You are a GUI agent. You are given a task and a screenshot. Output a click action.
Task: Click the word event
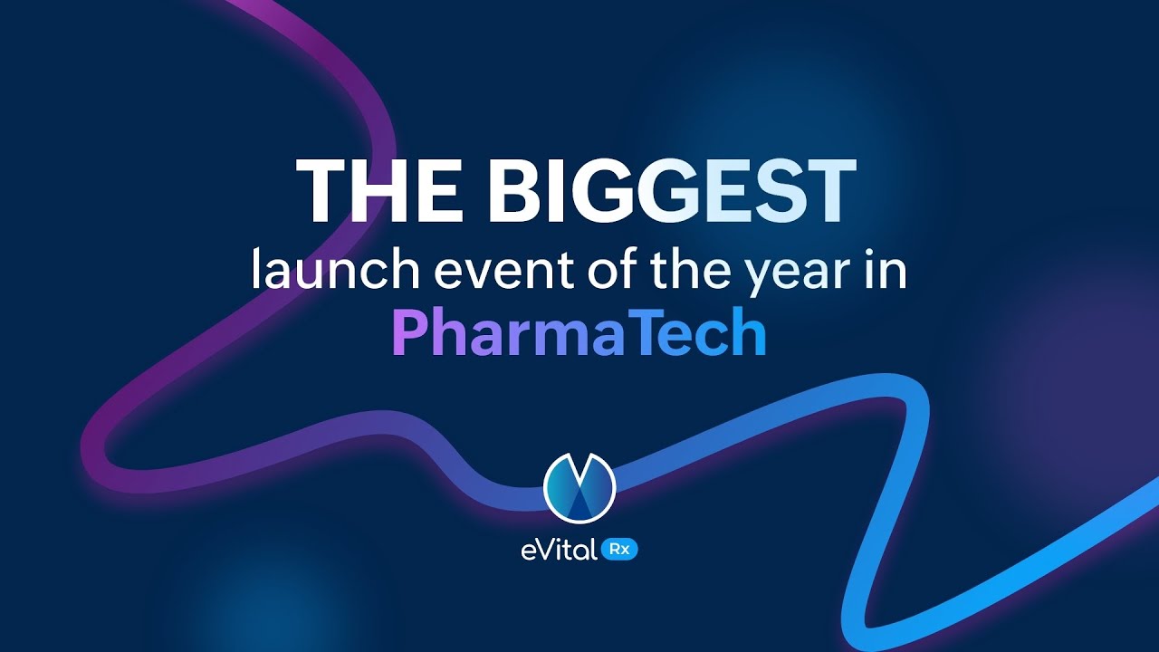point(480,271)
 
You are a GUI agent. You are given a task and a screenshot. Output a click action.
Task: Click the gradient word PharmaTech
point(579,334)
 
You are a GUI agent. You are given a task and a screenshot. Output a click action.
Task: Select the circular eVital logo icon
point(579,487)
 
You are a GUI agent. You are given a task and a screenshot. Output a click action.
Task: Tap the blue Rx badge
point(620,550)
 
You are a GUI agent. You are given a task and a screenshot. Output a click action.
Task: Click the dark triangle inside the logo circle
point(579,498)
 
